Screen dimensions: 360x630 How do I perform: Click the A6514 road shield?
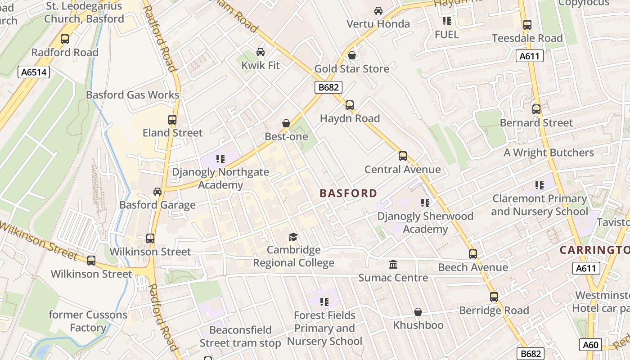[x=34, y=72]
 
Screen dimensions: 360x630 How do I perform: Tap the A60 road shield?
[x=590, y=345]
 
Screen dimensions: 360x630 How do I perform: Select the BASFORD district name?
[x=348, y=193]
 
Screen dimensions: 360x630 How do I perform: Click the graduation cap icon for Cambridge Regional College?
[x=293, y=237]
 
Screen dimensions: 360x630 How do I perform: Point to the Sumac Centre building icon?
[x=393, y=264]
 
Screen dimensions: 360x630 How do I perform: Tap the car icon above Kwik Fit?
[x=260, y=52]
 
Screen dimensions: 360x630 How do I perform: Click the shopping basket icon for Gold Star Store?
[x=352, y=55]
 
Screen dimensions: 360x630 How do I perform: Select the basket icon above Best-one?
[x=286, y=123]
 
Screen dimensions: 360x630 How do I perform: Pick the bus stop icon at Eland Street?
[x=172, y=120]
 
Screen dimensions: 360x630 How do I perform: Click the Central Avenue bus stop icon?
[x=403, y=156]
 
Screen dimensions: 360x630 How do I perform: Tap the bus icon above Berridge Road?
[x=494, y=297]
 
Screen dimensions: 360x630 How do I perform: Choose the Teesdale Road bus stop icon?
[x=527, y=25]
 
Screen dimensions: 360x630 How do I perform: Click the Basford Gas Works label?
[x=132, y=95]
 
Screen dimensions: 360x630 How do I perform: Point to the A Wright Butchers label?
[x=549, y=153]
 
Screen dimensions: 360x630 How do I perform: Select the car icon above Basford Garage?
[x=157, y=192]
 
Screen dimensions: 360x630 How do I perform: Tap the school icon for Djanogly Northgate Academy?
[x=220, y=158]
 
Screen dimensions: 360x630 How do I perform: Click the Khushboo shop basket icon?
[x=418, y=312]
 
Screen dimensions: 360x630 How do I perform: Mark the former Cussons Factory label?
[x=88, y=321]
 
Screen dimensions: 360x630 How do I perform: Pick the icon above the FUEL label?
[x=446, y=21]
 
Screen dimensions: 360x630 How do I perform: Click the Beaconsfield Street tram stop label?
[x=240, y=337]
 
